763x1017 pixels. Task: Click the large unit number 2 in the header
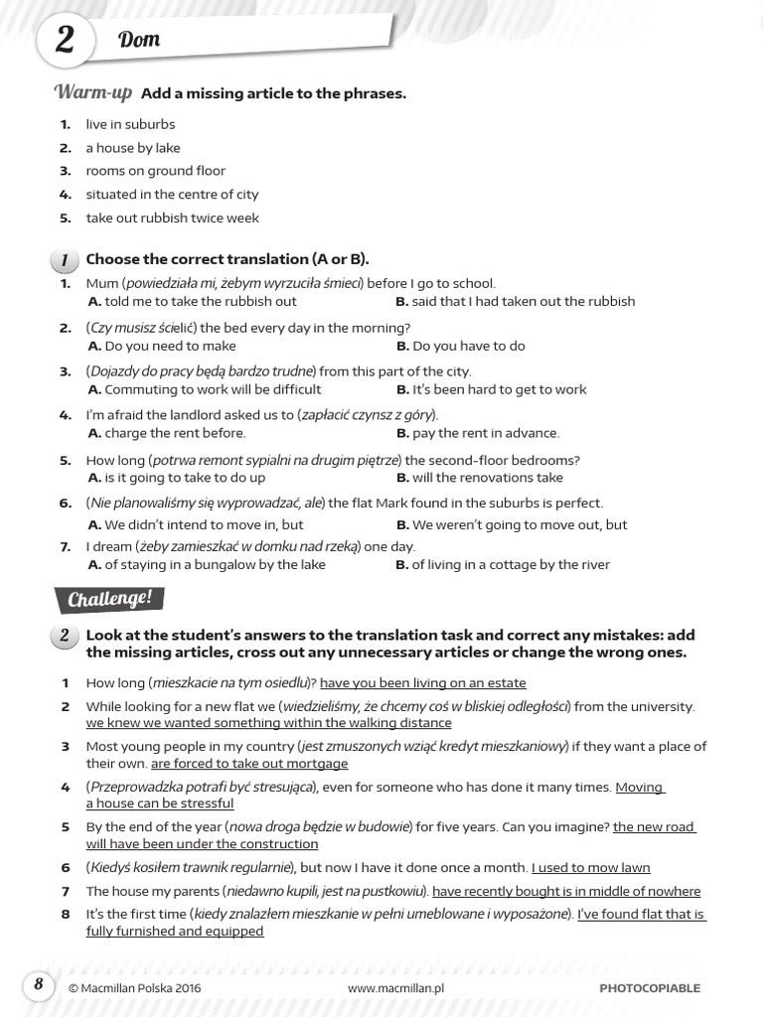click(65, 41)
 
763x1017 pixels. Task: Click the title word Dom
click(139, 41)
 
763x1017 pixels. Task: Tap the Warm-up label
click(92, 92)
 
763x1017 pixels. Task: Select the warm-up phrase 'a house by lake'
click(132, 148)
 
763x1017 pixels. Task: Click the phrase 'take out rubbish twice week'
click(172, 218)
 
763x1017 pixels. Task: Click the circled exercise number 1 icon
click(64, 260)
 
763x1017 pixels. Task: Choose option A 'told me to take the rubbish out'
click(192, 301)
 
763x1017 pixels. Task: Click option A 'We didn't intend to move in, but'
click(195, 524)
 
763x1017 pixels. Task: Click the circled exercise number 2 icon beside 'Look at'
click(64, 637)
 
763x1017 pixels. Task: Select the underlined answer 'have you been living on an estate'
click(422, 683)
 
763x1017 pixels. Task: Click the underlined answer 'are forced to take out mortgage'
click(248, 764)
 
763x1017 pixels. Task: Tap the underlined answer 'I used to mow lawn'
click(590, 867)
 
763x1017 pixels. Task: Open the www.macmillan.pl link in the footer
click(395, 988)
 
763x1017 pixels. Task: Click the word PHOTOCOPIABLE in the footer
click(650, 988)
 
